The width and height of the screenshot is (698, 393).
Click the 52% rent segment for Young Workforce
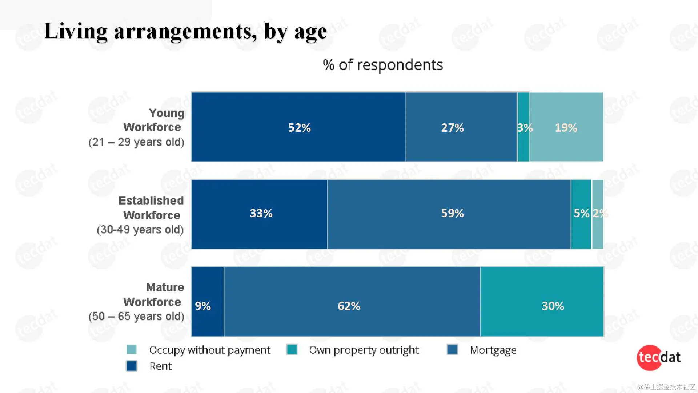point(298,127)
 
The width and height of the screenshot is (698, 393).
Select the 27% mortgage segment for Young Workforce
point(461,127)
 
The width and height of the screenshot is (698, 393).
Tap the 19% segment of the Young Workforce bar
point(566,127)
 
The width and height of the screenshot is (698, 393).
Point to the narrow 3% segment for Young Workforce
point(523,127)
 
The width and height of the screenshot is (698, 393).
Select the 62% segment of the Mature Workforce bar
point(352,302)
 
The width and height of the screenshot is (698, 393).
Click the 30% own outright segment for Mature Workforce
point(542,302)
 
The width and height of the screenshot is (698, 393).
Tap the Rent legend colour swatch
point(132,366)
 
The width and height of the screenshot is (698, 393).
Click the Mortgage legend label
point(493,350)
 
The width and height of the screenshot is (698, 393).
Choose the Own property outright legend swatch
point(292,349)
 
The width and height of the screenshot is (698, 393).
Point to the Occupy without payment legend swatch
point(132,349)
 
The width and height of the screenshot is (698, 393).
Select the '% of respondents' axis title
point(383,65)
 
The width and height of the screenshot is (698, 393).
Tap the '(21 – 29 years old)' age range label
point(136,142)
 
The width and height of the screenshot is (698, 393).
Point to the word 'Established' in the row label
point(151,201)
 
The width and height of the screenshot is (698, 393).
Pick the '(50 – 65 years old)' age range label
point(136,316)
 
